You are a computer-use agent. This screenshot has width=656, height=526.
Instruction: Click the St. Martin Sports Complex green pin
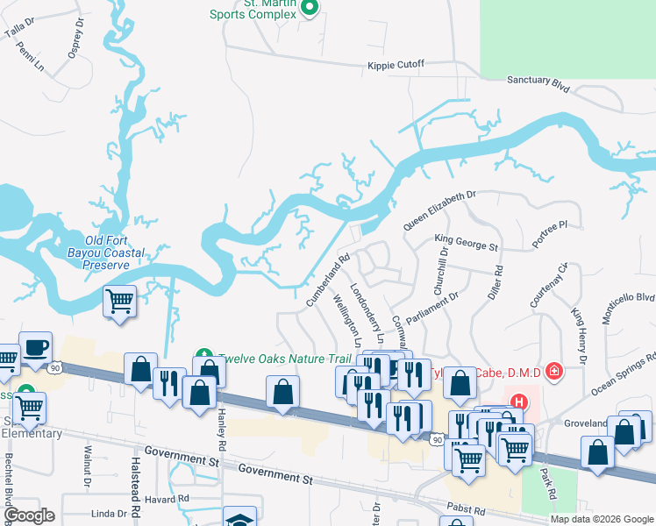[x=309, y=8]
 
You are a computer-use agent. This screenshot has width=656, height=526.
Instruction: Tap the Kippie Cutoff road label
[x=396, y=65]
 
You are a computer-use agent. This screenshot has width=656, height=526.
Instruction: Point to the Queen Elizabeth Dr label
[x=439, y=210]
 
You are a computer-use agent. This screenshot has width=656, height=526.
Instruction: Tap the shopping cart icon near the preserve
[x=120, y=302]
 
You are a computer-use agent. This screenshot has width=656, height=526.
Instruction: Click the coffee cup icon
[x=35, y=347]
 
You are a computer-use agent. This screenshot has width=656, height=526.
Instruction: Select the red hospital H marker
[x=519, y=402]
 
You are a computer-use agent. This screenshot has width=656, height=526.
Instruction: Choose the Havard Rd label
[x=170, y=498]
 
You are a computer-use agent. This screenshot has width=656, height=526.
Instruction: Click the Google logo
[x=30, y=516]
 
